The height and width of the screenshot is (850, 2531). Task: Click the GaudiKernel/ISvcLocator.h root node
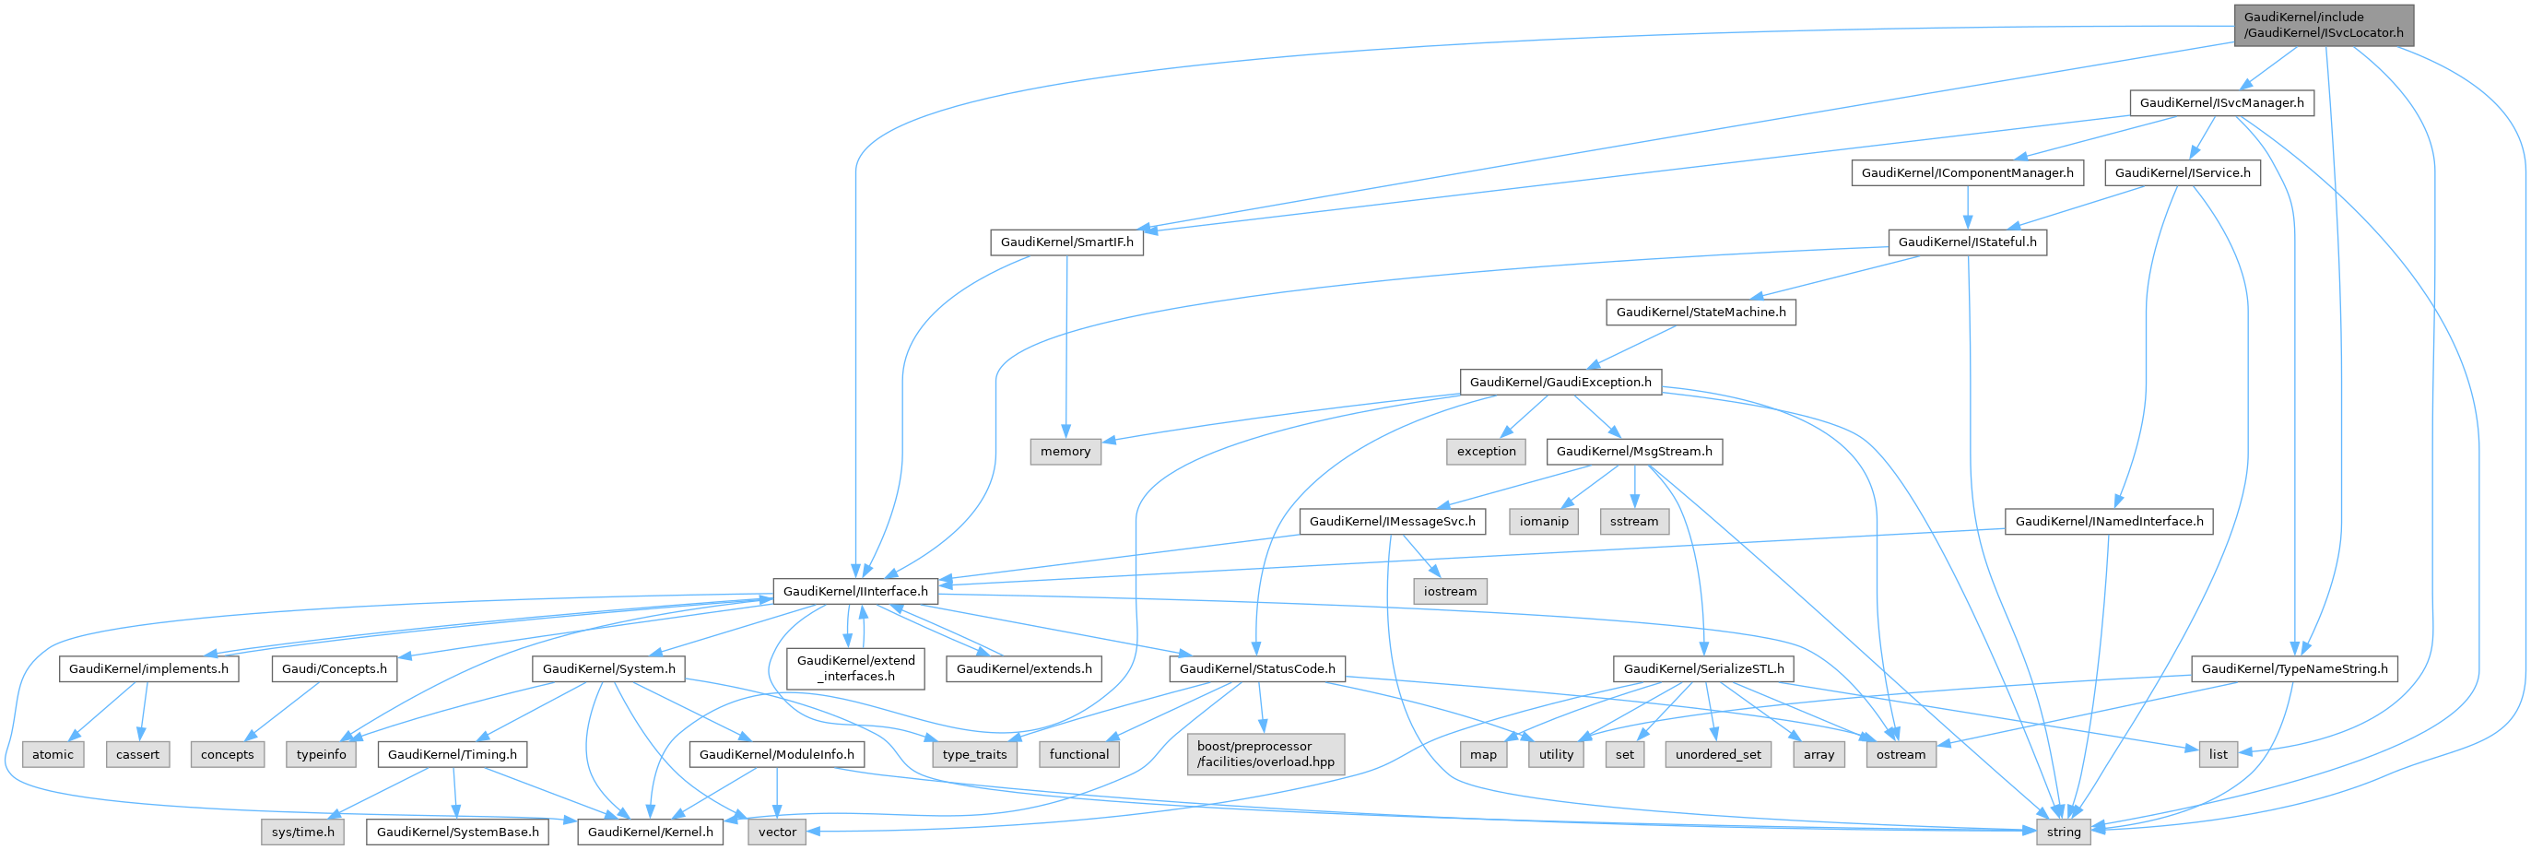(2323, 25)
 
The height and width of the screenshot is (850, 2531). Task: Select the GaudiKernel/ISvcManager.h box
(2220, 103)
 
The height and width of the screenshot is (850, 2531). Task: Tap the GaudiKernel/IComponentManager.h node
(1966, 173)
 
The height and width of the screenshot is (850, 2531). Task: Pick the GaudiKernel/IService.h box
(2182, 173)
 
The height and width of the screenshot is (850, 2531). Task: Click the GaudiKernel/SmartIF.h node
(1066, 242)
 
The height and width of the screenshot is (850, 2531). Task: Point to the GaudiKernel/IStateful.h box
(1966, 242)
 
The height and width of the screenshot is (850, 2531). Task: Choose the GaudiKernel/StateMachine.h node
(1700, 313)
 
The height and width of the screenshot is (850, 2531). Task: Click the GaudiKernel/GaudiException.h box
(1560, 383)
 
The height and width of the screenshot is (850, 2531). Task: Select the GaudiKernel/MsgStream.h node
(1633, 452)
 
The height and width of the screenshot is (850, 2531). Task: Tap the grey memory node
(1065, 452)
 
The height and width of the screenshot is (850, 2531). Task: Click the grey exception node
(1486, 452)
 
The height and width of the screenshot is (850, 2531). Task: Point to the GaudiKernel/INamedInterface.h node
(2109, 522)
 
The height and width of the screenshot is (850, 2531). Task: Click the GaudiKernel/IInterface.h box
(854, 592)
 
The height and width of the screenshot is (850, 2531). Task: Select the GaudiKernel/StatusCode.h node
(1255, 669)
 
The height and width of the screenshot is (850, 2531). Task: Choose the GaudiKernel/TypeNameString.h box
(2293, 669)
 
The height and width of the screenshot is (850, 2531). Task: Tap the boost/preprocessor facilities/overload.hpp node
(1265, 754)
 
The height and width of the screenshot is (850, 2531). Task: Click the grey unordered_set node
(1717, 755)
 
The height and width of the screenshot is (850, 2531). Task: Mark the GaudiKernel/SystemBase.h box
(457, 832)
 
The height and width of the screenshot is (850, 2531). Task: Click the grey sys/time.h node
(302, 832)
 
